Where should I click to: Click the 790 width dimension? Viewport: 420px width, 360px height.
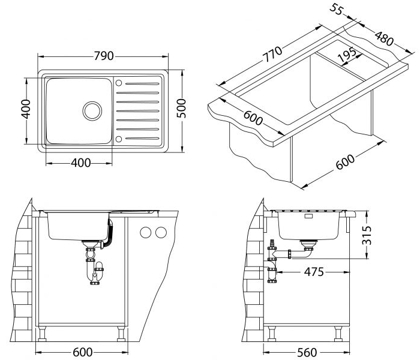[x=104, y=56]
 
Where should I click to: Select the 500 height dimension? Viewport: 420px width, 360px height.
[x=181, y=108]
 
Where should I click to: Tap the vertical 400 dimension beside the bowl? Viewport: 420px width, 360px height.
[x=26, y=109]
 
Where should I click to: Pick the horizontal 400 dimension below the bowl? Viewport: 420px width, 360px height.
[x=81, y=163]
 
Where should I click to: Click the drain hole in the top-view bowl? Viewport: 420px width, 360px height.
[x=92, y=111]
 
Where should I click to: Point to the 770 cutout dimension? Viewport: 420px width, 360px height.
[x=272, y=54]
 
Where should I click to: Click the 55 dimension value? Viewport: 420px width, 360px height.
[x=336, y=9]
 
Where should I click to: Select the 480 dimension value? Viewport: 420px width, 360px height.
[x=385, y=38]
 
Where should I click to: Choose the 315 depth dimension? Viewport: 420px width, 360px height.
[x=367, y=235]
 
